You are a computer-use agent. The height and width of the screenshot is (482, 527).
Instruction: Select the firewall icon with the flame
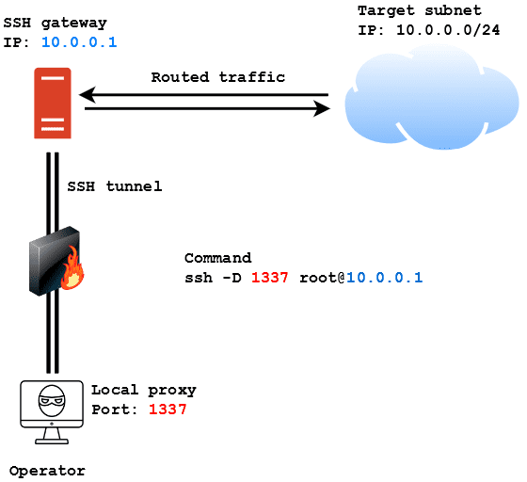56,264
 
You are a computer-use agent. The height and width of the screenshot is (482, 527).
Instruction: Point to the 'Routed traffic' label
217,77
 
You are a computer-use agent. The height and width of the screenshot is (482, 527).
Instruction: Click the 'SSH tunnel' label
115,186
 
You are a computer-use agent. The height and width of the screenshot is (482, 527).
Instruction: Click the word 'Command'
217,258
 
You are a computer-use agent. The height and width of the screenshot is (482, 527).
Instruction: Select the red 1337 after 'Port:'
168,410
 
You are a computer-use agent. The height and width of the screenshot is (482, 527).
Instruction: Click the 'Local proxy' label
143,390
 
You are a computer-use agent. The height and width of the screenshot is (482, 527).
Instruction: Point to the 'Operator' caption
47,471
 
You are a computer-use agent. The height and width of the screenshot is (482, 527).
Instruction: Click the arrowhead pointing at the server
87,95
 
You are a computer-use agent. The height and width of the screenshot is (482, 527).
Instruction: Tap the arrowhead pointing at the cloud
322,108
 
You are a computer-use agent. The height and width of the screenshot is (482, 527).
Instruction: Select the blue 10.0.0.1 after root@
384,278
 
